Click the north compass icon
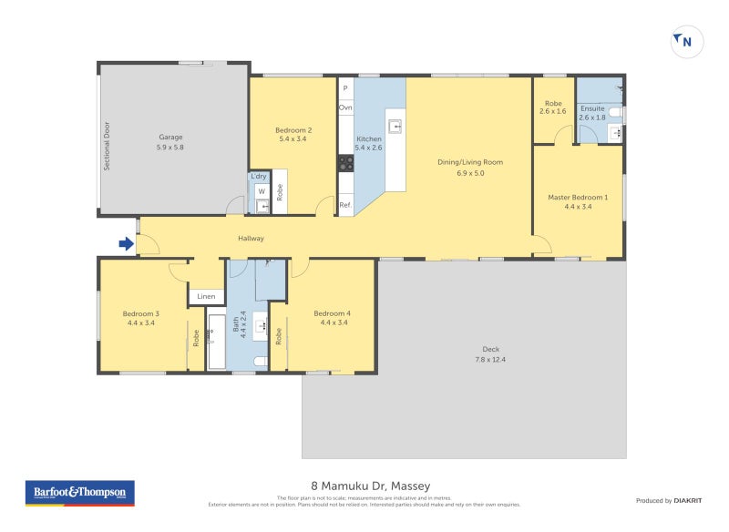tap(687, 41)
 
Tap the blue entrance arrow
tap(125, 243)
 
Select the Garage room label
tap(169, 138)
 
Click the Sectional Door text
tap(107, 146)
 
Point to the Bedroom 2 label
tap(293, 130)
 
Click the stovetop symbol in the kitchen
tap(346, 163)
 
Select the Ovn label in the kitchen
tap(345, 107)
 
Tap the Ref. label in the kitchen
tap(345, 205)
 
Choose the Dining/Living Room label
tap(469, 162)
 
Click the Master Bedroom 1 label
tap(578, 197)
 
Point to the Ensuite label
tap(592, 108)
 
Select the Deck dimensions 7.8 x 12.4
tap(490, 360)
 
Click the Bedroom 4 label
tap(332, 313)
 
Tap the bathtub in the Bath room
tap(217, 341)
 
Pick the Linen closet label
tap(207, 296)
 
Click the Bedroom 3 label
tap(141, 313)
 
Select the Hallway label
tap(251, 239)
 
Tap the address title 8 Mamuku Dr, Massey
tap(364, 486)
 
